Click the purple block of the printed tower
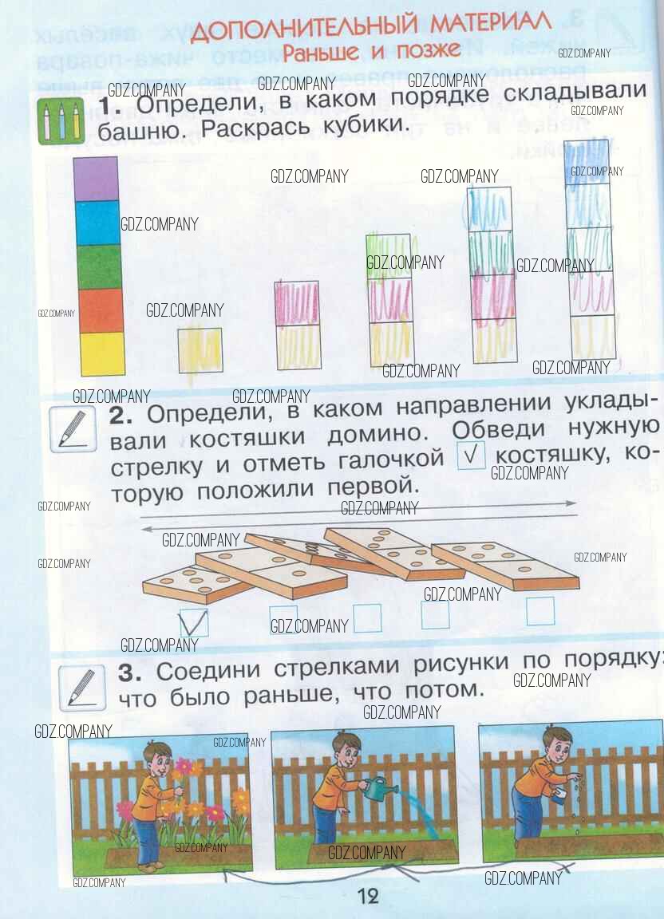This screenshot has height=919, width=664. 96,178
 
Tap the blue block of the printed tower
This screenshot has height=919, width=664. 97,223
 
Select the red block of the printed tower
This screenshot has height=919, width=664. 101,310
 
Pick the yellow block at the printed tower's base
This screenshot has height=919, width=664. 102,354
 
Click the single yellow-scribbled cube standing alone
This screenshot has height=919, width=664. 200,350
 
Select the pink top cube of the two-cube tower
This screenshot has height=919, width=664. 298,303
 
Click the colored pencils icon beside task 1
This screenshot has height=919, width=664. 61,120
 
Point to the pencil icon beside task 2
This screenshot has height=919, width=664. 73,430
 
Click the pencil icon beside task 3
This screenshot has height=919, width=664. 82,687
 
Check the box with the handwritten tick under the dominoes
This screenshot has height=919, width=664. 194,622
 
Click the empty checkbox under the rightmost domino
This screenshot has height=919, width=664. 540,611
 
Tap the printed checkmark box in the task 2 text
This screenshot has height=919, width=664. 471,455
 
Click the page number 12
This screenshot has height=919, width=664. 369,896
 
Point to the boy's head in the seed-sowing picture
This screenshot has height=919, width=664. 556,743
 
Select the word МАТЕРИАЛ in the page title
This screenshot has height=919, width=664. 490,23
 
